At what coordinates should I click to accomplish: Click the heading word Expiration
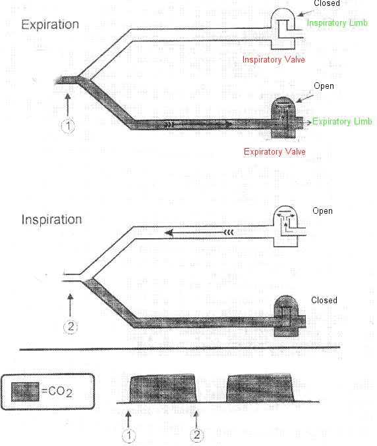(x=50, y=24)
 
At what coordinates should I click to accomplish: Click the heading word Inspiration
(x=51, y=220)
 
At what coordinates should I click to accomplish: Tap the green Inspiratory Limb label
(x=337, y=23)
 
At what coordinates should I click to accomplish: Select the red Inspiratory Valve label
(x=274, y=59)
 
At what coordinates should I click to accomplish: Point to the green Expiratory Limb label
(x=342, y=122)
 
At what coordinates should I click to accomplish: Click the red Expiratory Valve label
(x=275, y=151)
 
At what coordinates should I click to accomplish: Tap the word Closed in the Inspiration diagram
(x=324, y=300)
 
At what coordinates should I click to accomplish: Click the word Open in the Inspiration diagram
(x=322, y=211)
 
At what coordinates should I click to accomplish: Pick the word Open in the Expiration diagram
(x=324, y=86)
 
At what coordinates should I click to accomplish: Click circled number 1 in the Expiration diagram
(x=68, y=126)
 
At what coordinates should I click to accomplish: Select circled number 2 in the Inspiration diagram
(x=71, y=326)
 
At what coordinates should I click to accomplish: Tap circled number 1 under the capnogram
(x=129, y=435)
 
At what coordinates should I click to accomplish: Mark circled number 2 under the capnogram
(x=197, y=435)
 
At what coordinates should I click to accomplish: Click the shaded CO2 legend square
(x=25, y=392)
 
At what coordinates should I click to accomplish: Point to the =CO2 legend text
(x=57, y=391)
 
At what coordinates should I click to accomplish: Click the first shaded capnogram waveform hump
(x=163, y=389)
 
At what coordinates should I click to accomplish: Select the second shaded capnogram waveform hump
(x=260, y=388)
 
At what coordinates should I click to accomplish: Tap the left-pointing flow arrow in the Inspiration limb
(x=199, y=233)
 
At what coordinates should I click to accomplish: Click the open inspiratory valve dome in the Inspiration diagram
(x=285, y=226)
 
